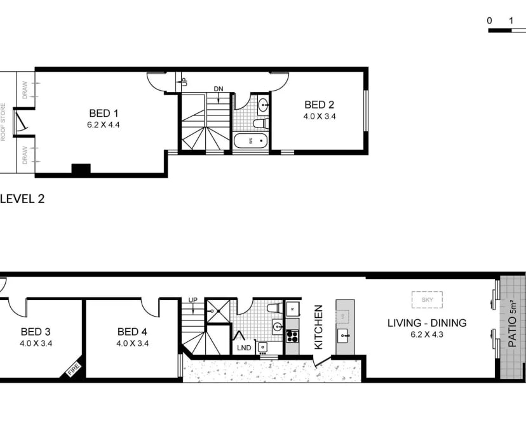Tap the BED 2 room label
tap(319, 105)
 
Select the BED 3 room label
tap(35, 331)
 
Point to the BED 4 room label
tap(131, 331)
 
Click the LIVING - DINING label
tap(427, 323)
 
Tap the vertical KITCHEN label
tap(319, 327)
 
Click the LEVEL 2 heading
tap(22, 199)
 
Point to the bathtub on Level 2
tap(251, 141)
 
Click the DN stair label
tap(219, 89)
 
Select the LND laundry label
tap(244, 348)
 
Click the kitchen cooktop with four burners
tap(292, 332)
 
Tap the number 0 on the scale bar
tap(490, 21)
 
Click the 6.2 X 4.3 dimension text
tap(427, 334)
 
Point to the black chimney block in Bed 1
tap(81, 169)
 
